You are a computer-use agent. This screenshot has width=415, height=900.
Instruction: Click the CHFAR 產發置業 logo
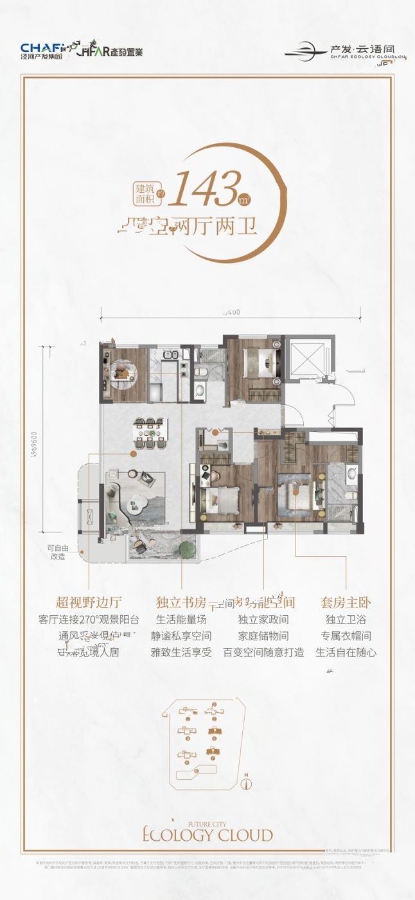[109, 50]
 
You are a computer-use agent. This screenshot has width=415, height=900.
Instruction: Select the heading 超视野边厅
[89, 602]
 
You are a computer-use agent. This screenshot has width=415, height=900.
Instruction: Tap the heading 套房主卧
[346, 602]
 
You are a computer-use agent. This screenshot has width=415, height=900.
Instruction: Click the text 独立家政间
[263, 620]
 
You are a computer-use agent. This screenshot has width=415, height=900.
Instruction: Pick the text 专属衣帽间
[346, 636]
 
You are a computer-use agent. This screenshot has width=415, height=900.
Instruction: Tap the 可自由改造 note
[58, 552]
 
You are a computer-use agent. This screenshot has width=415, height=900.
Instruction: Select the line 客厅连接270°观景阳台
[89, 620]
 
